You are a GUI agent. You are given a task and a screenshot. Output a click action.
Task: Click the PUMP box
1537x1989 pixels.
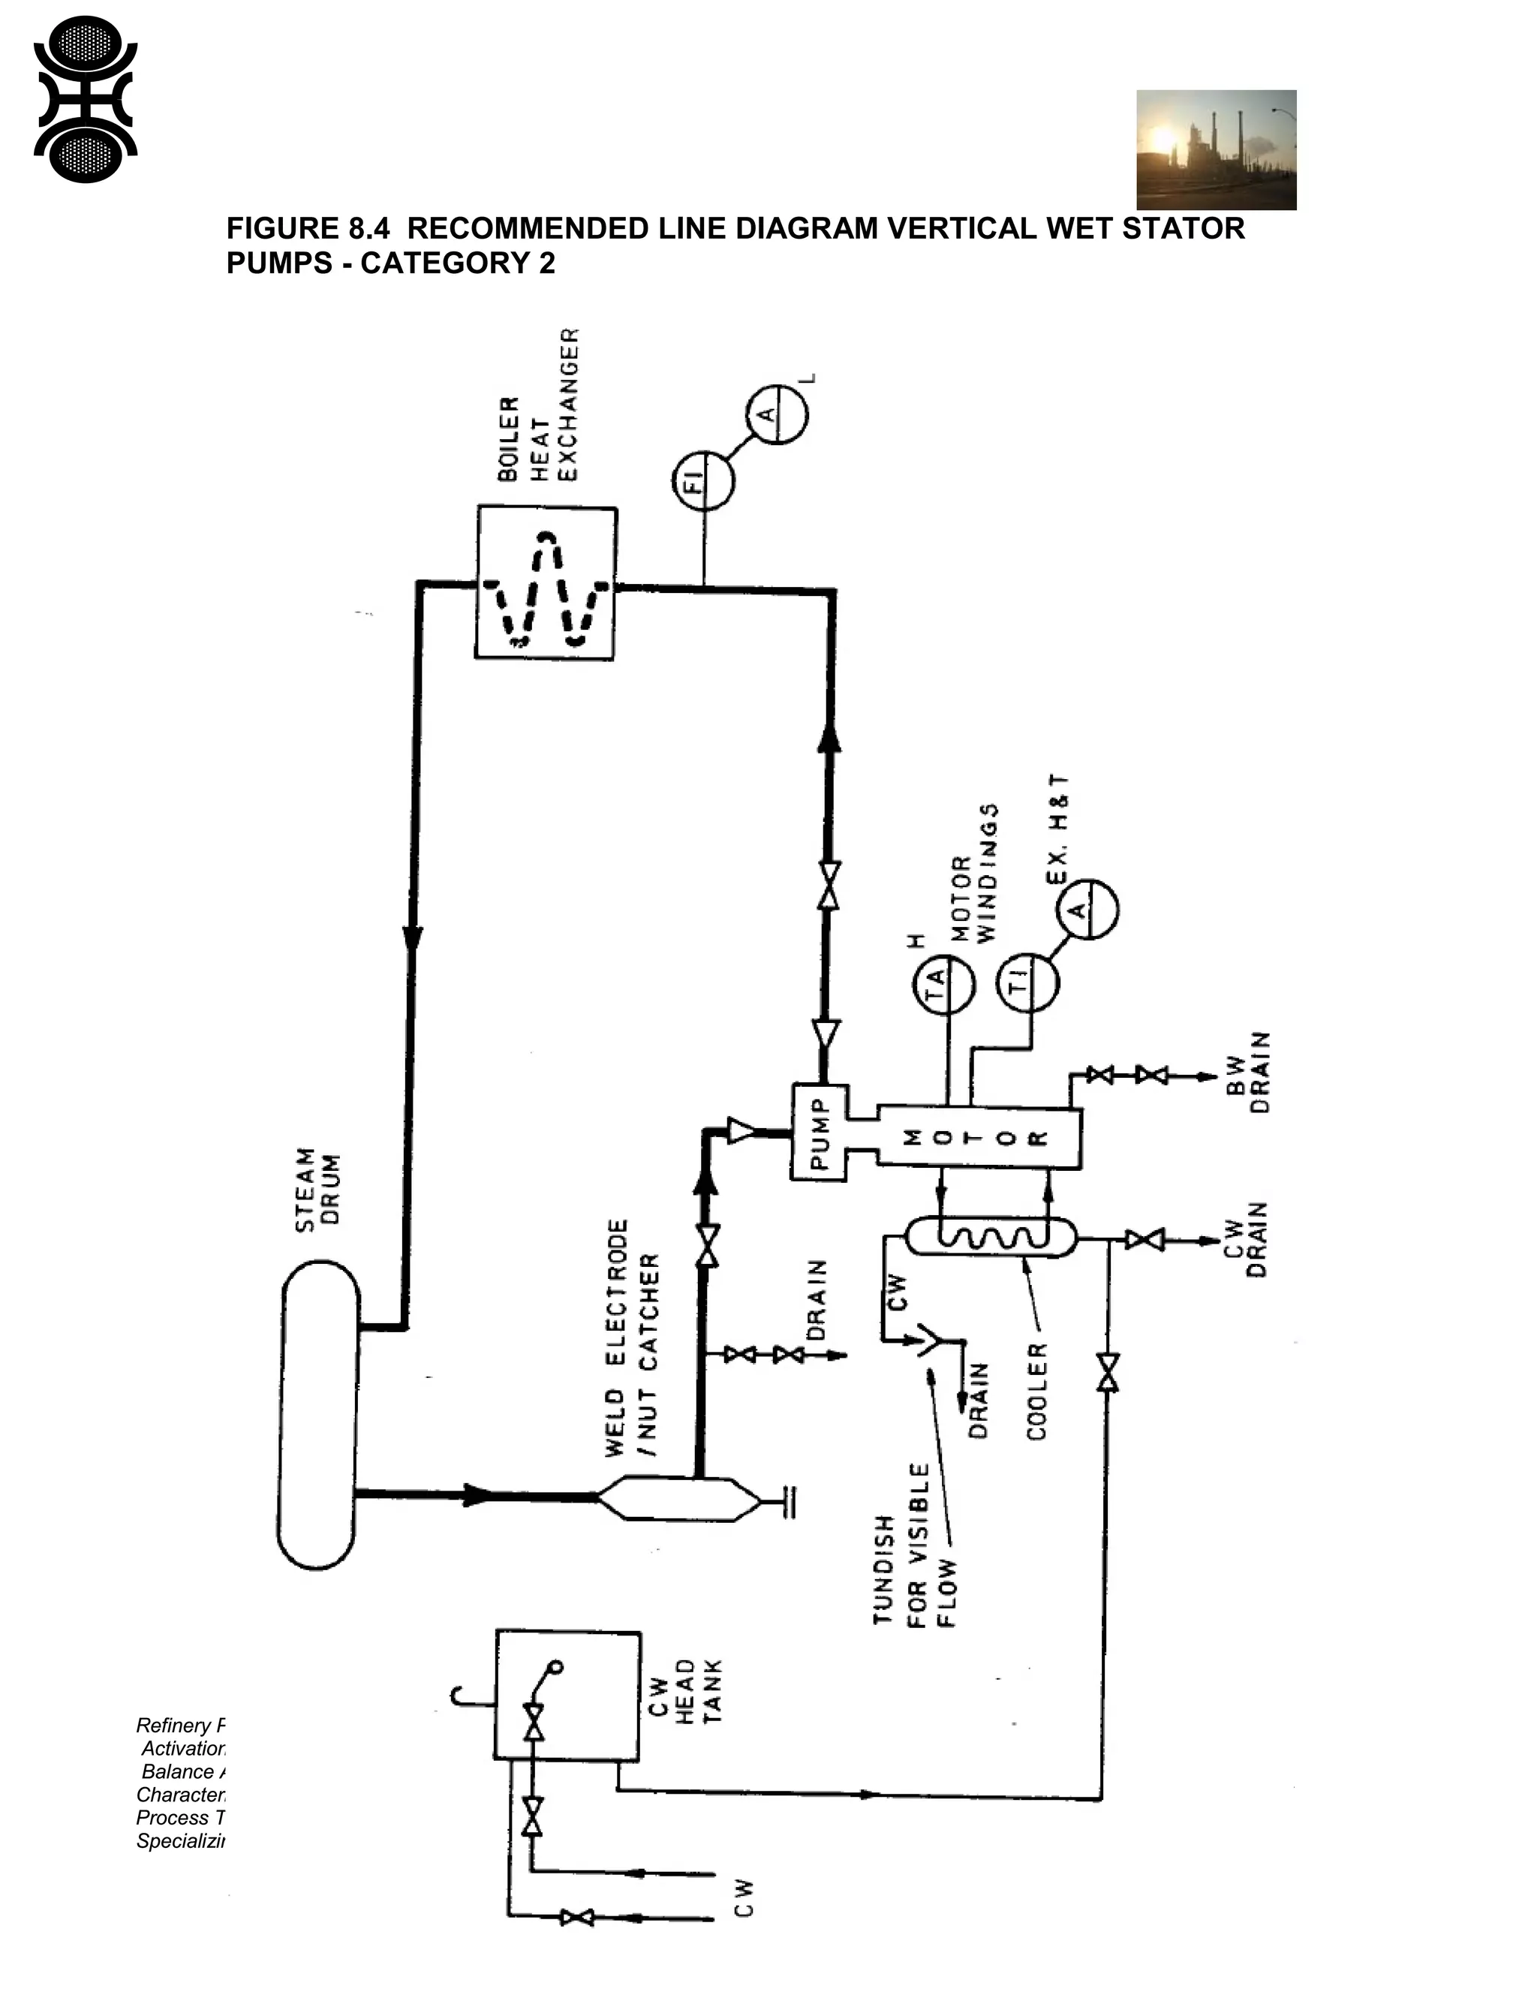[819, 1132]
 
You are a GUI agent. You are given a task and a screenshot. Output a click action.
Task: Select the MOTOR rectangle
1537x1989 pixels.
[979, 1137]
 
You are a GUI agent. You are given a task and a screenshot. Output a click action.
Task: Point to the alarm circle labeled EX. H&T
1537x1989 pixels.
[1086, 909]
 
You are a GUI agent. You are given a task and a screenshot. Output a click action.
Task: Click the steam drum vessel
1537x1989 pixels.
[317, 1413]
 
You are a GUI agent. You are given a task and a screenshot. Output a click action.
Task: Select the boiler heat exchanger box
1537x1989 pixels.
[546, 583]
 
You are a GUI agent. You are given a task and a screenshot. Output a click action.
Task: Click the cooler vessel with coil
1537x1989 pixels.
[991, 1237]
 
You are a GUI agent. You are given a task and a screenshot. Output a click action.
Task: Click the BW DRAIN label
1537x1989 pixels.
[1248, 1072]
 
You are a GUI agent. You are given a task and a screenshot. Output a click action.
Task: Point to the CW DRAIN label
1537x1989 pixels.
[1246, 1239]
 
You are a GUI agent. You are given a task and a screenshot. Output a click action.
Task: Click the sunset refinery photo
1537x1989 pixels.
[1216, 149]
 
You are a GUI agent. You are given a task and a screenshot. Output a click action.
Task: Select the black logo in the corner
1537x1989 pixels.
[85, 100]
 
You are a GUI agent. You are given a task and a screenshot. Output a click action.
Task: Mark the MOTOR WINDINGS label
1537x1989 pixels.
[975, 874]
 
